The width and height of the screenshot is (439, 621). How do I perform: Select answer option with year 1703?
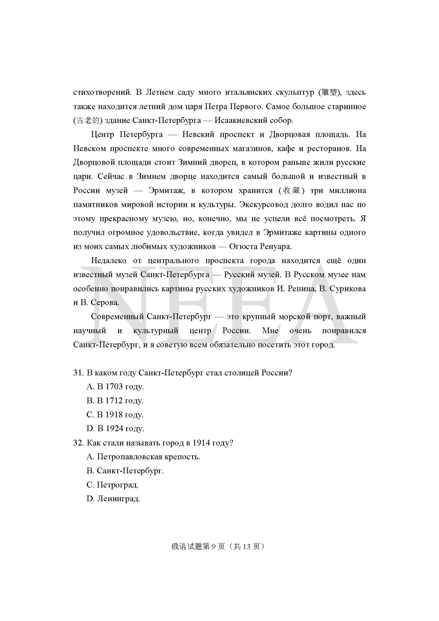[115, 387]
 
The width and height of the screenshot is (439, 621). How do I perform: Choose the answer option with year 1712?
[115, 401]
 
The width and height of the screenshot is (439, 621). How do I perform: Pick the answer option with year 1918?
[115, 415]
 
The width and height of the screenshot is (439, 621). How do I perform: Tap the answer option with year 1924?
[115, 429]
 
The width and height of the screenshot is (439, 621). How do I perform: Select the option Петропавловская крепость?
[143, 457]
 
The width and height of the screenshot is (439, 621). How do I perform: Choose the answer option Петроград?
[113, 485]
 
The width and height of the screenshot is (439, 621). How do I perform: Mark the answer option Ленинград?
[113, 499]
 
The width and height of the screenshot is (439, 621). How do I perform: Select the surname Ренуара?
[276, 247]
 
